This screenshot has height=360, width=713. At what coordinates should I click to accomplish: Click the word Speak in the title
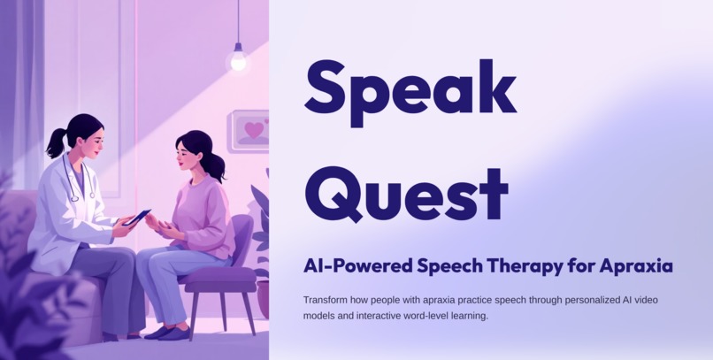click(410, 88)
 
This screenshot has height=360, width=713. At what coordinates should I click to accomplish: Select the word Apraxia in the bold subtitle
click(636, 265)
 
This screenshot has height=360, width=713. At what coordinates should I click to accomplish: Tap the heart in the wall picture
click(254, 130)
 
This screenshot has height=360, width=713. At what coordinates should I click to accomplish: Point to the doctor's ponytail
click(56, 142)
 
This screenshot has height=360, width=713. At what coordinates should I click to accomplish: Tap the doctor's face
click(90, 141)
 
